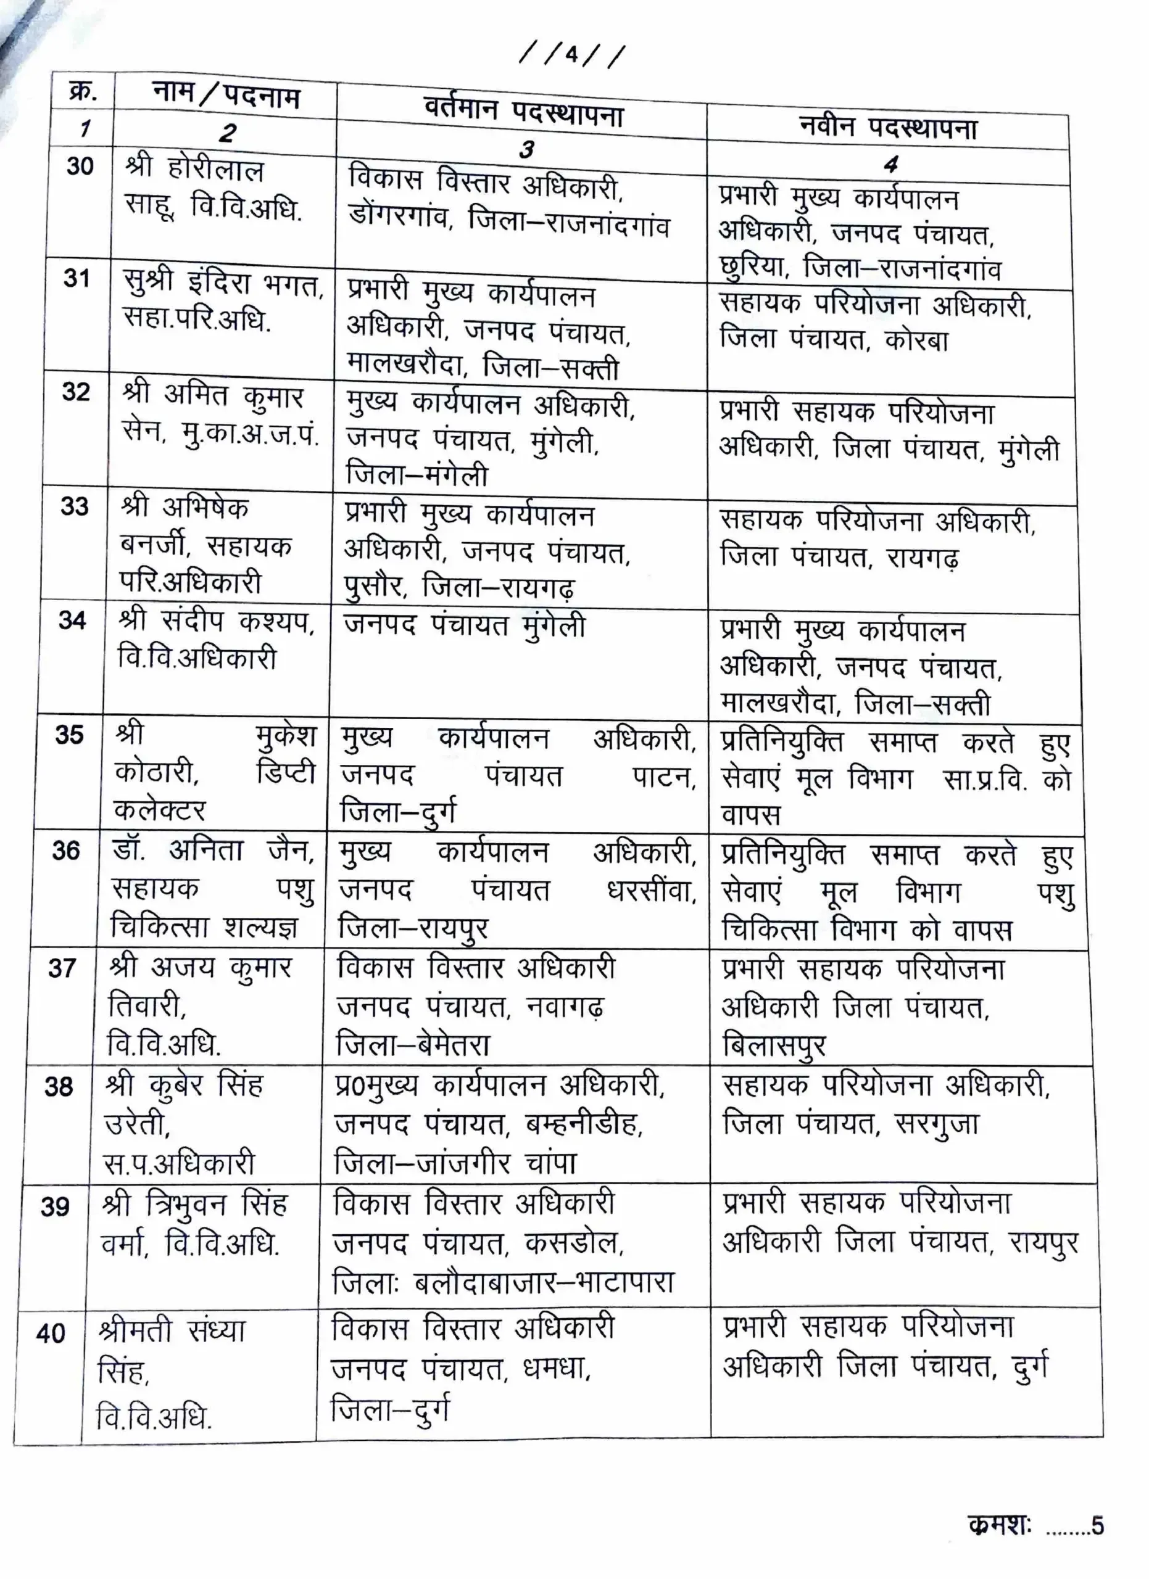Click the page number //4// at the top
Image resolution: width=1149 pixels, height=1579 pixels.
(571, 56)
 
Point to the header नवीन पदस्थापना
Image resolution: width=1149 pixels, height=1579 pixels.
(888, 128)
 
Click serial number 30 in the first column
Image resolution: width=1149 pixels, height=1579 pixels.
(80, 167)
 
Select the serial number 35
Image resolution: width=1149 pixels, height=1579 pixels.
(69, 735)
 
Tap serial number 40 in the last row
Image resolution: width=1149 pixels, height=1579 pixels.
(50, 1334)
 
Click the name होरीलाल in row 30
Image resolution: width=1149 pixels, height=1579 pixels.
(215, 171)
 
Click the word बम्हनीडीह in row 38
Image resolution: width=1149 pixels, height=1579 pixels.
(584, 1124)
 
